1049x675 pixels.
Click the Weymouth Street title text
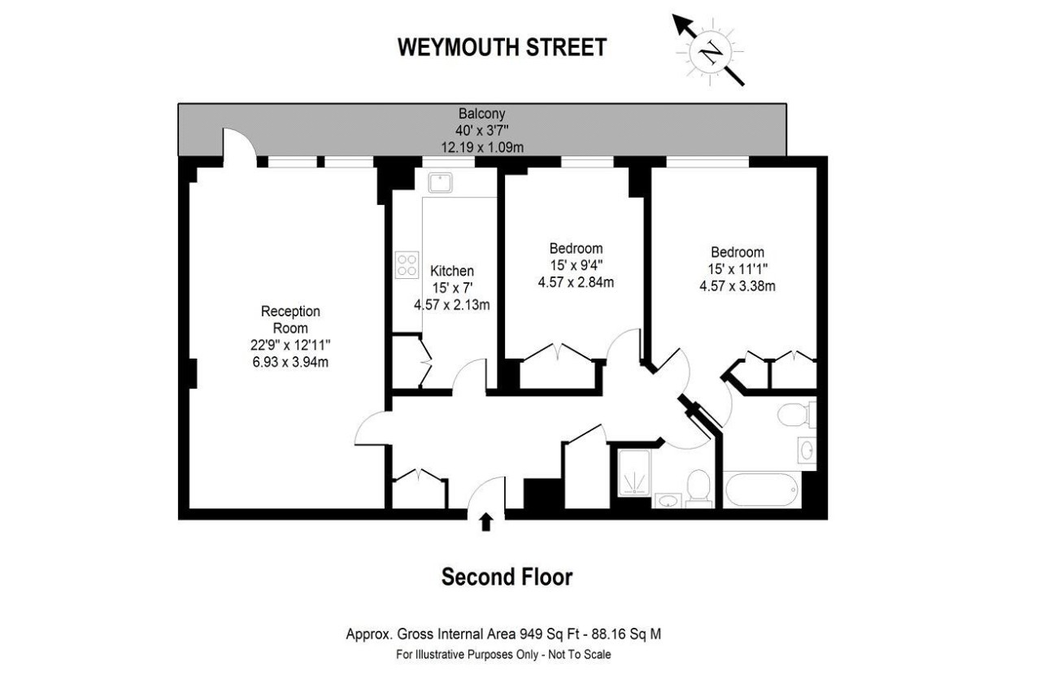click(502, 47)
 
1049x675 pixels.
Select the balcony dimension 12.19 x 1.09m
click(482, 146)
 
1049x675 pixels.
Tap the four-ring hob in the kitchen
click(407, 264)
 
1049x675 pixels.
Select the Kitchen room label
click(452, 271)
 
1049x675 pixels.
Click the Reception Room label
click(290, 320)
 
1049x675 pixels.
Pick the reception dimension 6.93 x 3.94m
click(290, 363)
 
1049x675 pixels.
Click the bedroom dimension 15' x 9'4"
click(576, 265)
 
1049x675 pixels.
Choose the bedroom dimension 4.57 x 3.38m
click(737, 285)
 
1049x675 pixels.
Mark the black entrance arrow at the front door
click(486, 522)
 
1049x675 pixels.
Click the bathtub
click(761, 490)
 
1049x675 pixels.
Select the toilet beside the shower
click(699, 488)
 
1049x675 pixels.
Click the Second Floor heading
click(507, 577)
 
